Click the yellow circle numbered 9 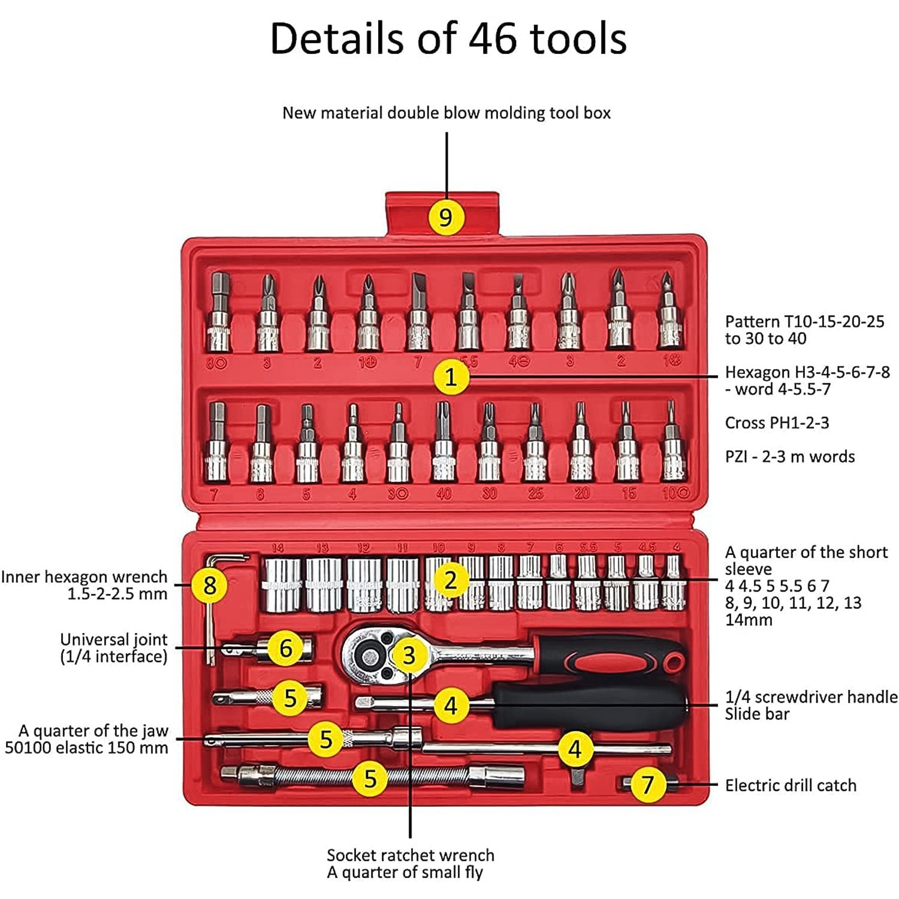tap(446, 217)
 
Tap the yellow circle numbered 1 tap(451, 377)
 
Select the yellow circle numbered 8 tap(209, 585)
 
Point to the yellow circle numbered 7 tap(647, 785)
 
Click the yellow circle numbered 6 tap(286, 648)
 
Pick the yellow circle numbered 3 tap(409, 655)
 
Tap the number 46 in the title tap(492, 38)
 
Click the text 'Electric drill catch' tap(790, 785)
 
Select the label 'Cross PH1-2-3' tap(777, 423)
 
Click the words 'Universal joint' tap(114, 639)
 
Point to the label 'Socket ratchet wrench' tap(411, 855)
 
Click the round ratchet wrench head tap(367, 656)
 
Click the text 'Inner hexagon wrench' tap(84, 577)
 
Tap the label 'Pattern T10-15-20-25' tap(804, 321)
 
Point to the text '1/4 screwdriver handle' tap(811, 696)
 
